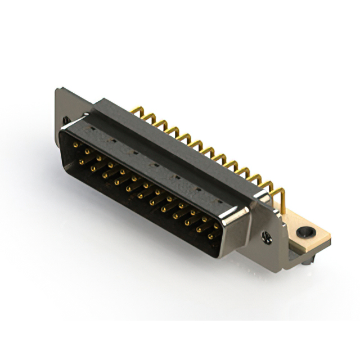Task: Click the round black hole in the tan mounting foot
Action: coord(307,231)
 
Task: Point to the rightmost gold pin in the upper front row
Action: coord(217,226)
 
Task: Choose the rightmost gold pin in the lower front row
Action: coord(211,237)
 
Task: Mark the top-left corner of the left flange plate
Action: coord(57,88)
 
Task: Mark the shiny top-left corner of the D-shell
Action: coord(64,131)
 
